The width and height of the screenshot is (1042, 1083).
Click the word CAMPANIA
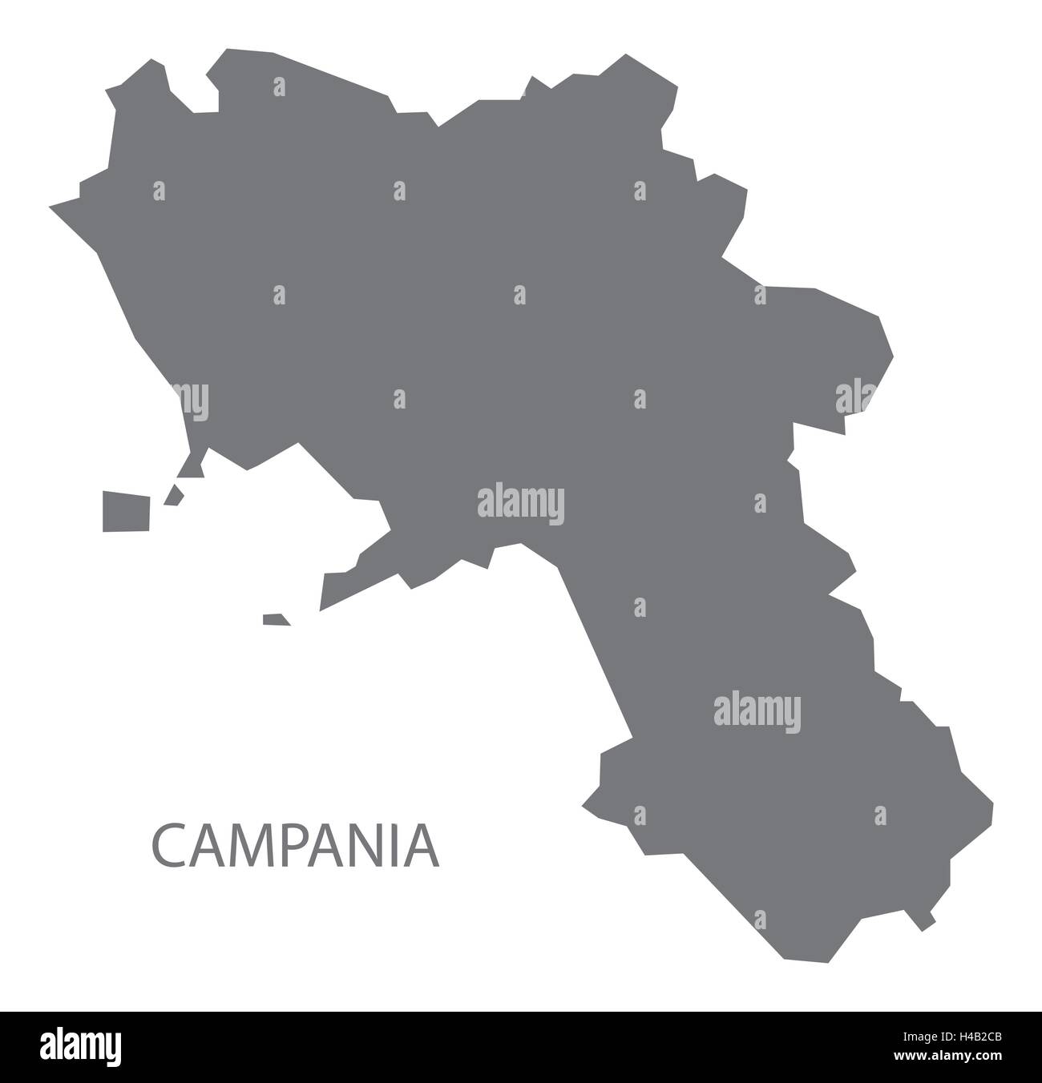(295, 847)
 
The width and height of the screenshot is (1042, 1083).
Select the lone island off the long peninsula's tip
(276, 619)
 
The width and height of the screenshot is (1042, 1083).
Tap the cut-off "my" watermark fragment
(196, 400)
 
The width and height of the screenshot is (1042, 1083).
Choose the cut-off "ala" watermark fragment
(854, 397)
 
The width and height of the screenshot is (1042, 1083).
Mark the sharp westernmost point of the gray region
(51, 207)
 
